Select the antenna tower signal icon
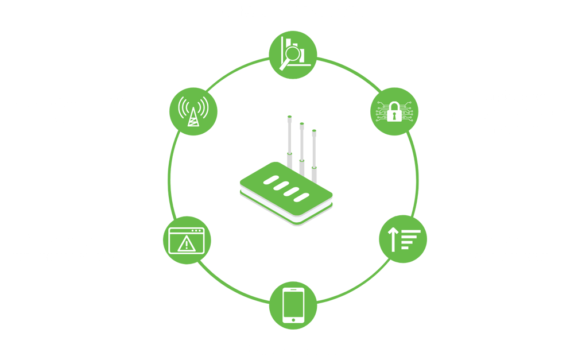pos(192,110)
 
